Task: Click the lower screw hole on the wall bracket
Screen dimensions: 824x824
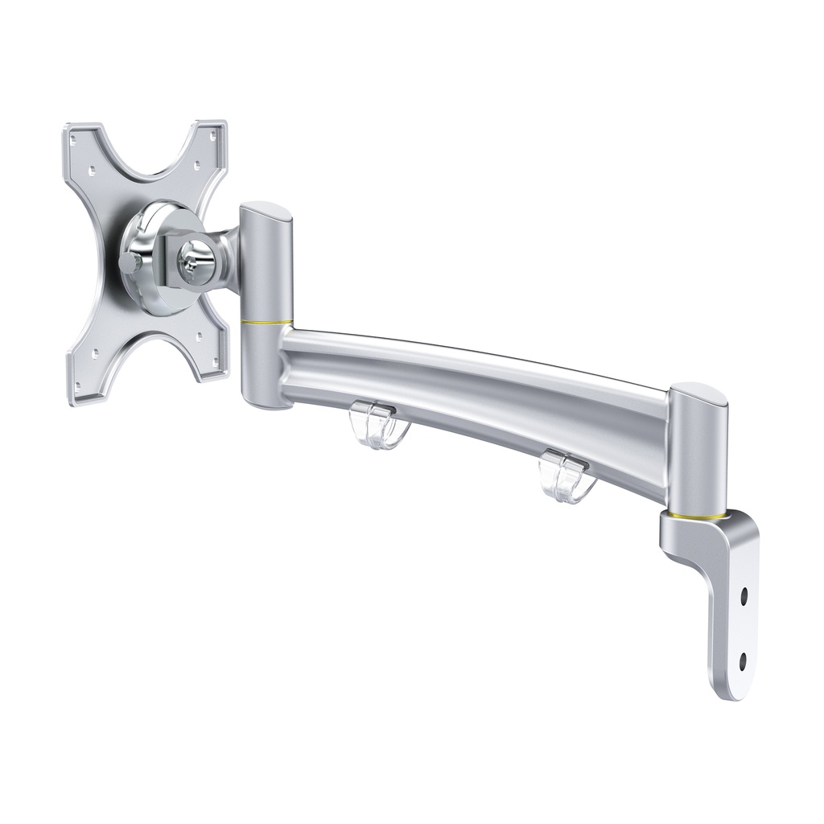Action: (x=742, y=661)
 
